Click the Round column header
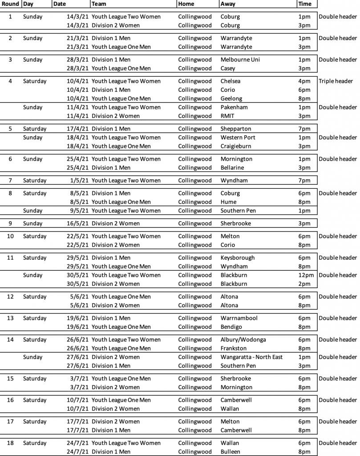pyautogui.click(x=10, y=4)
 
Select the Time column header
pyautogui.click(x=304, y=4)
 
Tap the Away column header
pyautogui.click(x=228, y=4)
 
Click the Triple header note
pyautogui.click(x=336, y=81)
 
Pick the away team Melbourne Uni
pyautogui.click(x=240, y=60)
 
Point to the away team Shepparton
pyautogui.click(x=236, y=129)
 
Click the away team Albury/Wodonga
pyautogui.click(x=243, y=340)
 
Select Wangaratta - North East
pyautogui.click(x=251, y=357)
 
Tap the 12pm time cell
pyautogui.click(x=306, y=275)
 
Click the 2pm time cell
pyautogui.click(x=304, y=284)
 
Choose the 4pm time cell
pyautogui.click(x=304, y=81)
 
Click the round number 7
pyautogui.click(x=10, y=180)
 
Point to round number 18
pyautogui.click(x=10, y=443)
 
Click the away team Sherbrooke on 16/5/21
pyautogui.click(x=235, y=224)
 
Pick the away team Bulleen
pyautogui.click(x=231, y=452)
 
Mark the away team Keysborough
pyautogui.click(x=238, y=258)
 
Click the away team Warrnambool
pyautogui.click(x=239, y=318)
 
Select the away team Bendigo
pyautogui.click(x=231, y=327)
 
